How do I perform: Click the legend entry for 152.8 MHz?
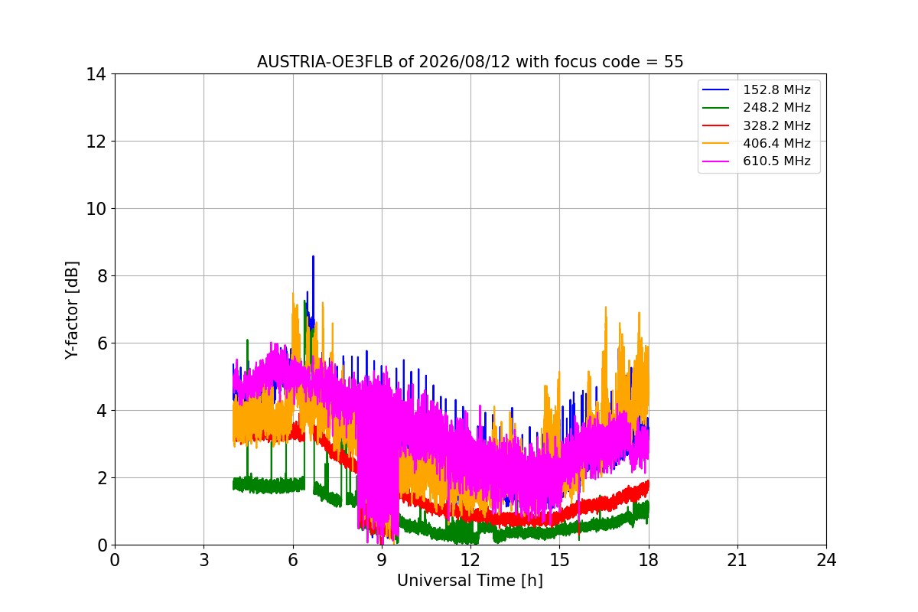[756, 90]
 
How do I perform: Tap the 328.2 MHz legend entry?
[756, 125]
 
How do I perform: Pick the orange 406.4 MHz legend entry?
[756, 143]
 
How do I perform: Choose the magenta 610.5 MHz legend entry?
[756, 161]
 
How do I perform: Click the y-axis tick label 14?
[96, 75]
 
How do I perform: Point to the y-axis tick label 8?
[102, 276]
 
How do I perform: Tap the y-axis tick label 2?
[102, 478]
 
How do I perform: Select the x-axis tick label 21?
[737, 560]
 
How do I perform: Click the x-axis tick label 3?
[204, 560]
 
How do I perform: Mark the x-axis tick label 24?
[826, 560]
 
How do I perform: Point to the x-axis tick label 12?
[470, 560]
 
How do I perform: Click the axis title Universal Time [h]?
[470, 581]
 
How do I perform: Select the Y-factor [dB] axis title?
[71, 311]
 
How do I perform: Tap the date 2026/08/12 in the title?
[465, 62]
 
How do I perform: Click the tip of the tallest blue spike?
[313, 256]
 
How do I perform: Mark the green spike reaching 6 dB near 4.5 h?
[247, 340]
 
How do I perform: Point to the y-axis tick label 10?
[96, 209]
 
